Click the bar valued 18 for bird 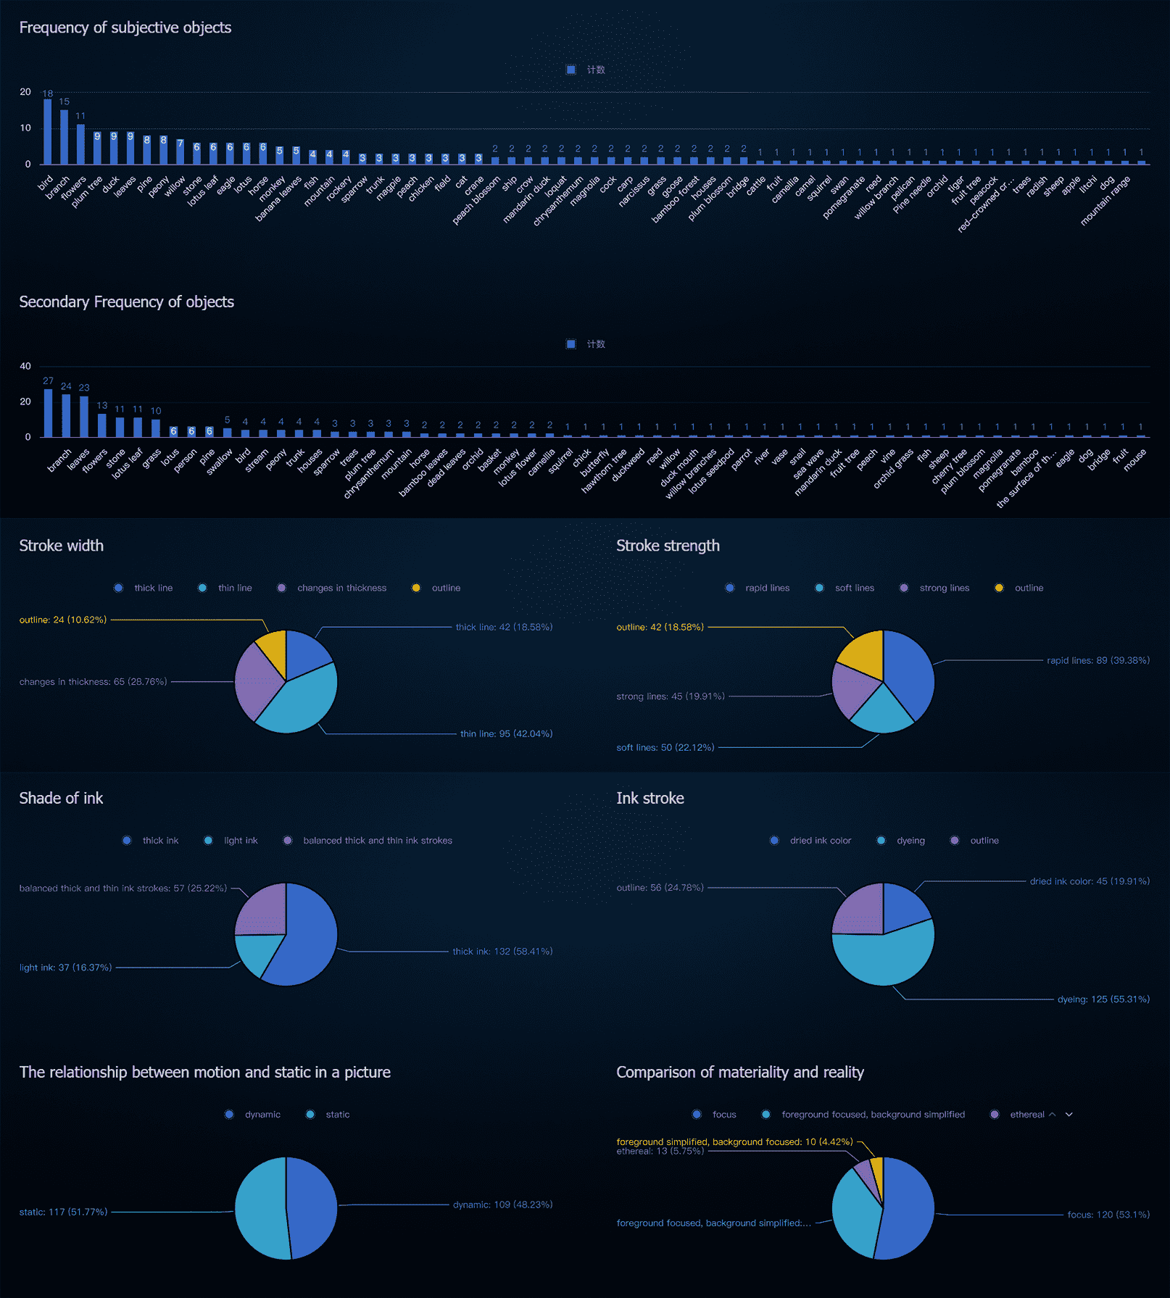48,131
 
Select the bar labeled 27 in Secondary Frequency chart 48,412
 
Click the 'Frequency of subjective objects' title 125,28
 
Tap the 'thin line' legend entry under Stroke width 227,588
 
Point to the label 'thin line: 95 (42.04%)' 506,733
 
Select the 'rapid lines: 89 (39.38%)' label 1098,660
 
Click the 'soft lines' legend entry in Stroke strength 846,588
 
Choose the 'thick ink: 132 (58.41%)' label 502,951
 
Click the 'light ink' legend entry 232,841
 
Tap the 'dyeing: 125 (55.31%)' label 1103,999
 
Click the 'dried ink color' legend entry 812,841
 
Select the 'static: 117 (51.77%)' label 63,1212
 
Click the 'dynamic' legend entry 254,1115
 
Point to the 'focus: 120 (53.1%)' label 1108,1215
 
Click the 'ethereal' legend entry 1018,1115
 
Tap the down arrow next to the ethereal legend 1069,1115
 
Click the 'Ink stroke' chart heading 650,798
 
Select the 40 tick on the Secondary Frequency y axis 25,366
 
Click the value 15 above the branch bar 65,102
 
